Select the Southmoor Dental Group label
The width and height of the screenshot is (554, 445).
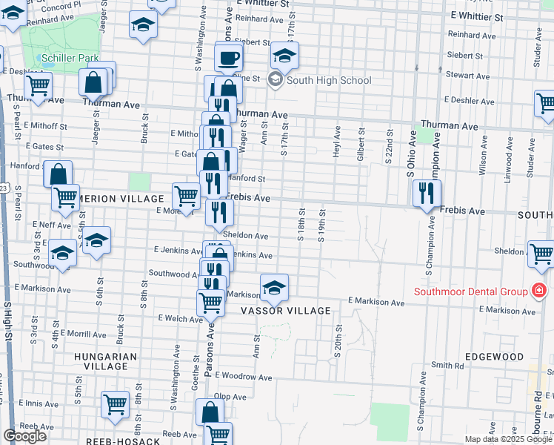click(470, 291)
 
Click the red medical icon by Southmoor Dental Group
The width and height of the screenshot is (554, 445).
click(540, 291)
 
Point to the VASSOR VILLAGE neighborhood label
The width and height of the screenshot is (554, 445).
click(285, 311)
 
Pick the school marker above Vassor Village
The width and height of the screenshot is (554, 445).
click(274, 287)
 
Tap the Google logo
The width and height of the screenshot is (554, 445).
click(24, 436)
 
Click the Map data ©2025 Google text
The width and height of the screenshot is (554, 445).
click(508, 439)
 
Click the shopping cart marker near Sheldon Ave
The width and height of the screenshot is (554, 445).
click(541, 254)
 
